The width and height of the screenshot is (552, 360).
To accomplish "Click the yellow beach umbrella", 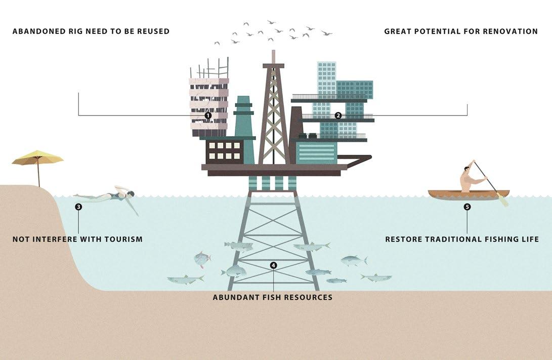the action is (37, 158).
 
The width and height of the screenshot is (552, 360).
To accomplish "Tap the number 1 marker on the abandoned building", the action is (208, 115).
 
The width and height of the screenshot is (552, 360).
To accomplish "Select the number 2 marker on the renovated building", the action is (338, 115).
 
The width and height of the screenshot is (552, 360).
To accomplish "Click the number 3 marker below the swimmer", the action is (78, 207).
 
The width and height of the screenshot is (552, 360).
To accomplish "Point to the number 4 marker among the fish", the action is (274, 265).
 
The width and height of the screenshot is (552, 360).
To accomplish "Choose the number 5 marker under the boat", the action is (467, 207).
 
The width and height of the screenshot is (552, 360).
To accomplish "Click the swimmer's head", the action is (131, 194).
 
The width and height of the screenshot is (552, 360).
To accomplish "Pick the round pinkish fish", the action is (202, 259).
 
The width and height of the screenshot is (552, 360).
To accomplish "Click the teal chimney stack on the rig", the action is (243, 116).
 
